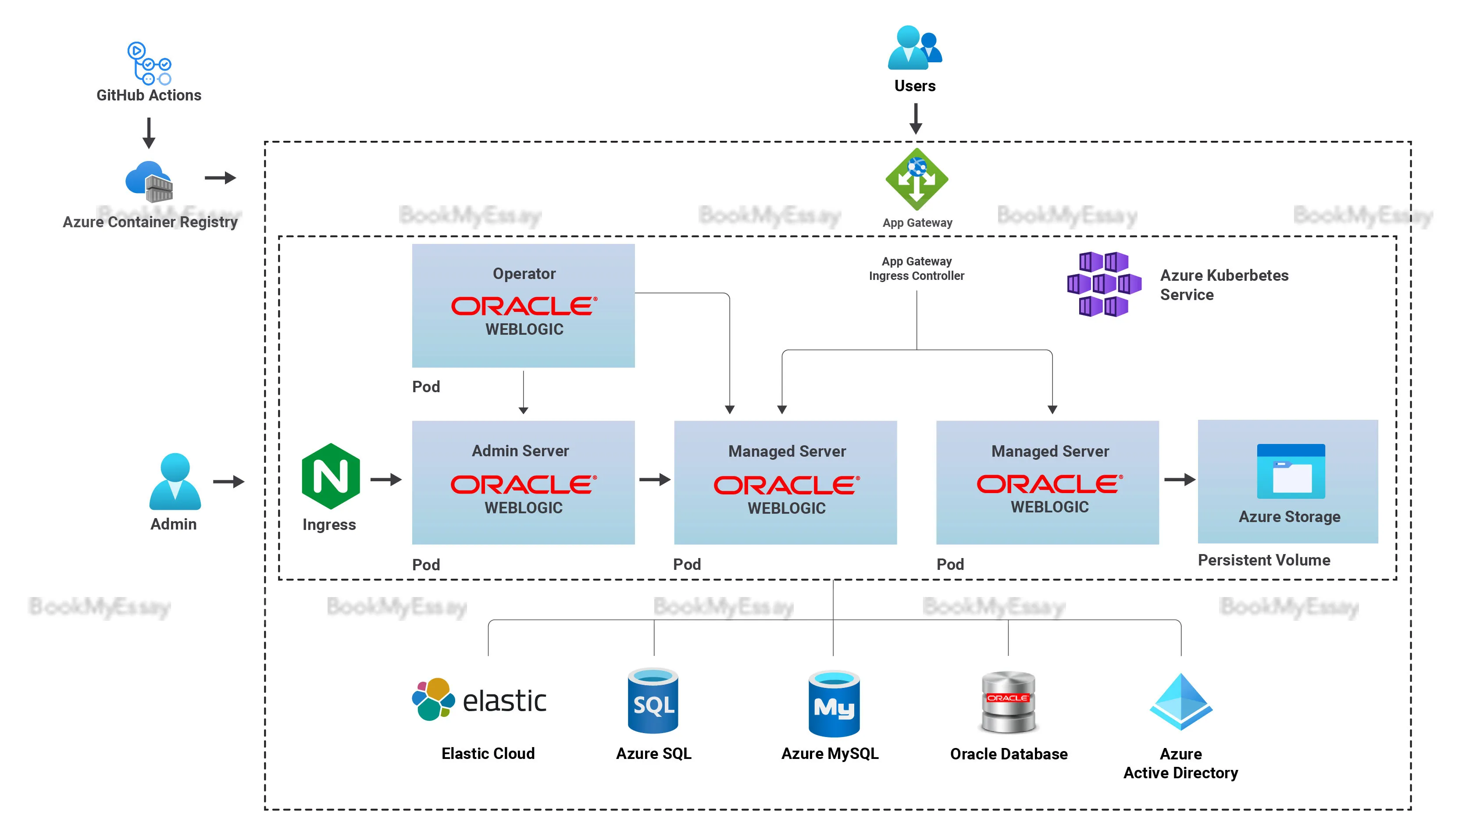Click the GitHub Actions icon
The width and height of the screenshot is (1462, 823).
tap(149, 63)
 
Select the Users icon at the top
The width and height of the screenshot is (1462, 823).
tap(914, 48)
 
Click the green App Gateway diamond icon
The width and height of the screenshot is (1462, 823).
tap(916, 179)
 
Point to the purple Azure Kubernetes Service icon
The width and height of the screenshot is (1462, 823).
tap(1103, 284)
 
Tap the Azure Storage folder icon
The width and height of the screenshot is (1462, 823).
tap(1291, 472)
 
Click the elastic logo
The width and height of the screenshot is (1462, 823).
tap(480, 700)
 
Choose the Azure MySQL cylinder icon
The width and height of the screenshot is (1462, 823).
tap(833, 704)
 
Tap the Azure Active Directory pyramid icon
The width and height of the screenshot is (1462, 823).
tap(1180, 701)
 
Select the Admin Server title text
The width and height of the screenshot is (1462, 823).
tap(520, 451)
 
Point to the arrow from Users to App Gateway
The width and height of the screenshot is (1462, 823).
tap(916, 119)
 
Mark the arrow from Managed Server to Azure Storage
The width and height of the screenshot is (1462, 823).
tap(1179, 480)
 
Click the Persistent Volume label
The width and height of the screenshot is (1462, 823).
tap(1263, 560)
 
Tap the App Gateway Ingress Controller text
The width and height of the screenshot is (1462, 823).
tap(916, 268)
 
